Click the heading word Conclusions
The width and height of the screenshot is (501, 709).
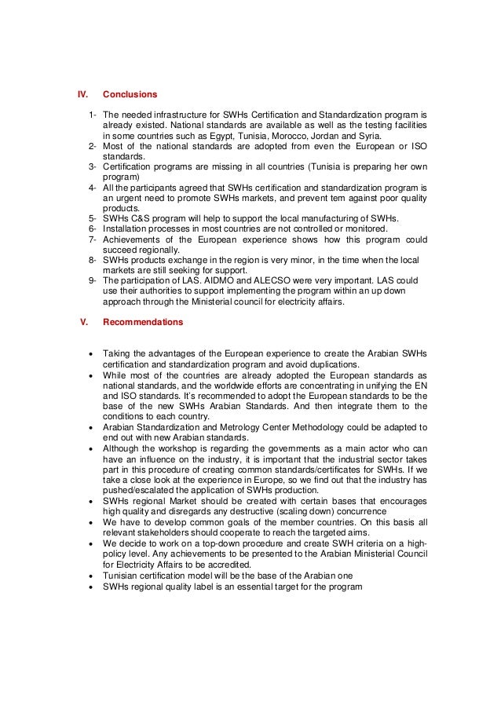[130, 95]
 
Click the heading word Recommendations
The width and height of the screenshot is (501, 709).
[143, 322]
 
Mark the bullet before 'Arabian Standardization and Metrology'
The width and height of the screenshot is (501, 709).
[93, 427]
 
